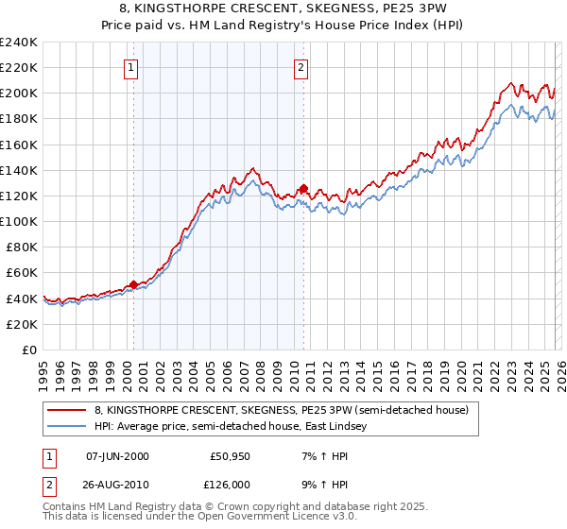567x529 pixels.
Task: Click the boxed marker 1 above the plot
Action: tap(129, 67)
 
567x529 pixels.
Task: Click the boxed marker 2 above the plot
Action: tap(301, 67)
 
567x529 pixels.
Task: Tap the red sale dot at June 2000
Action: tap(133, 283)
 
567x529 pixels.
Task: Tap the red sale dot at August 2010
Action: tap(303, 188)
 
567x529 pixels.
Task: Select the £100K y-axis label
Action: tap(18, 221)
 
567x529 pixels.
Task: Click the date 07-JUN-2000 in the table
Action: tap(117, 456)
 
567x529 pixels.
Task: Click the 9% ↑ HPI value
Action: tap(320, 485)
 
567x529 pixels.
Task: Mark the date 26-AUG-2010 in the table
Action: tap(117, 485)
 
